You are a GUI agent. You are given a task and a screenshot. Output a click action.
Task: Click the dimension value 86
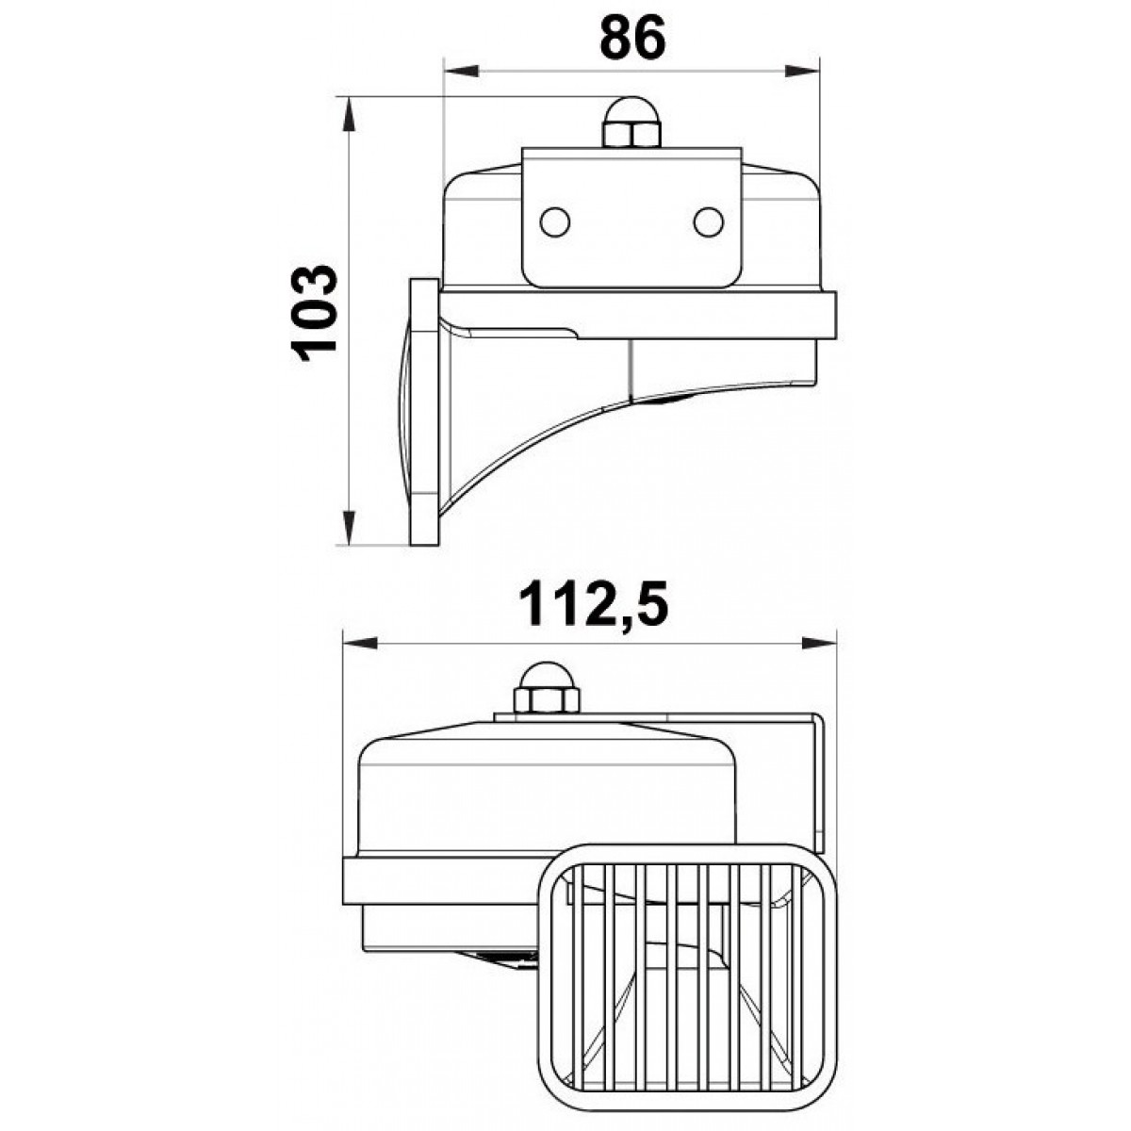(x=631, y=38)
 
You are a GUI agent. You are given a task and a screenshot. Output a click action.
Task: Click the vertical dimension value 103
(x=315, y=313)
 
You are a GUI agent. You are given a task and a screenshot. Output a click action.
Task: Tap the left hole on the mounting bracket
(x=554, y=221)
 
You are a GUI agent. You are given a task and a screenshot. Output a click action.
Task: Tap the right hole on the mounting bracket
(x=708, y=221)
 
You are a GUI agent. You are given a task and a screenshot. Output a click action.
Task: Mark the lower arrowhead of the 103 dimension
(x=350, y=528)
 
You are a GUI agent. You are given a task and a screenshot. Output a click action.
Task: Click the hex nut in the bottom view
(x=544, y=701)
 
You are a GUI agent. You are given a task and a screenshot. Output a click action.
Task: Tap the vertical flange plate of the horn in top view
(x=425, y=412)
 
